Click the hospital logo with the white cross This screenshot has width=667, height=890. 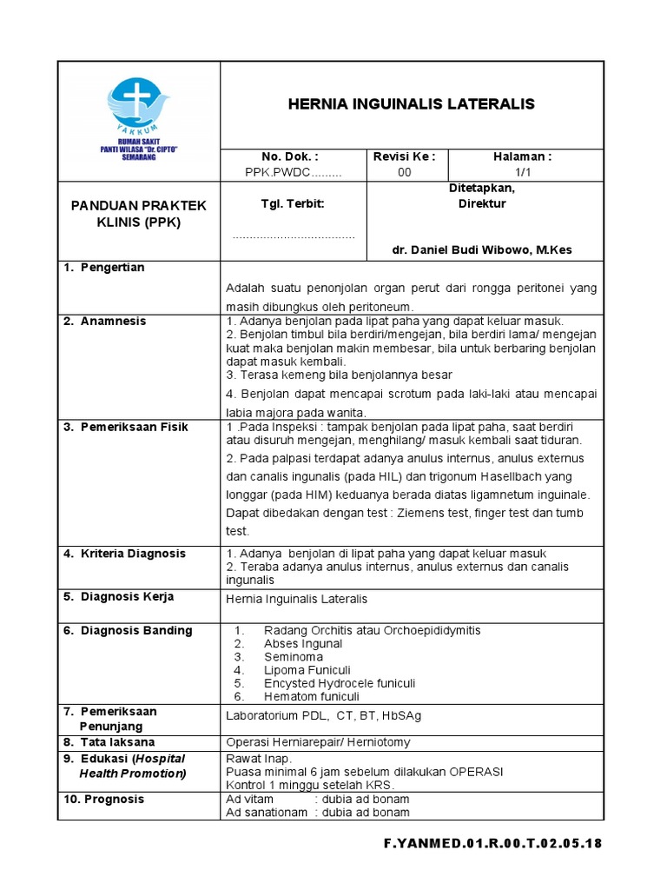[x=139, y=104]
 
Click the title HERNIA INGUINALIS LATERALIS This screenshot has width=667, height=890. [x=411, y=104]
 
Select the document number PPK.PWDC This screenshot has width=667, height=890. [x=293, y=172]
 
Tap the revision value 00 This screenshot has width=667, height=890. [x=404, y=172]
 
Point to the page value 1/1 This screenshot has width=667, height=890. [x=522, y=172]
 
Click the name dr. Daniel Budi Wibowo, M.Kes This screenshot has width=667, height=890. [x=482, y=250]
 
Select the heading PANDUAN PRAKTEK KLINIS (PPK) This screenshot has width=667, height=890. [x=139, y=213]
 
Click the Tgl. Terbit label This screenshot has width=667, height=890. [x=293, y=203]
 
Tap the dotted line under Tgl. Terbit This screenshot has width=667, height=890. [x=294, y=236]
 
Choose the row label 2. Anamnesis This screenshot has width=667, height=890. [x=105, y=321]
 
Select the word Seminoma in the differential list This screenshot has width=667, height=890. [x=293, y=657]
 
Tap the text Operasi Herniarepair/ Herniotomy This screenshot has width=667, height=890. [x=318, y=742]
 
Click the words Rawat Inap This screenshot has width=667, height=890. [x=258, y=758]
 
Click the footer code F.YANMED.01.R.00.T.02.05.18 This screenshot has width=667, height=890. [x=492, y=843]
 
